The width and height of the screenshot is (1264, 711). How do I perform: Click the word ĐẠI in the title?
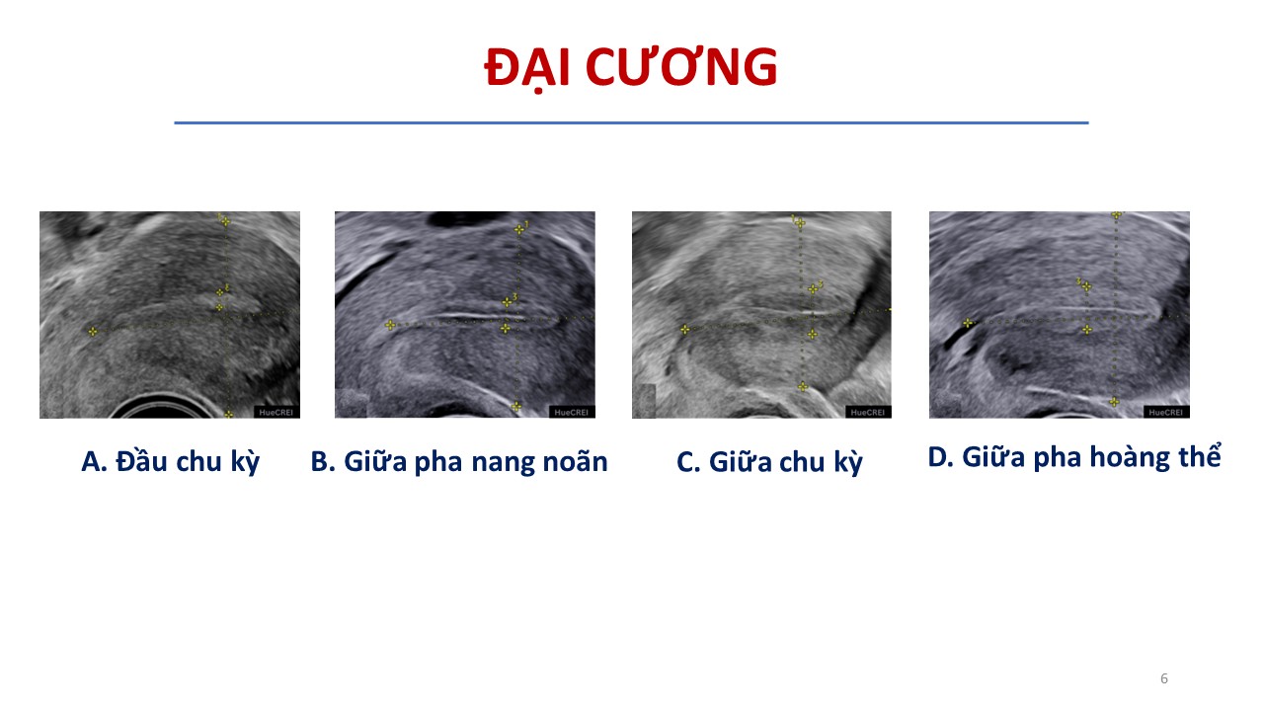coord(527,68)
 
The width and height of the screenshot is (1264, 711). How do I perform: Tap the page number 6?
coord(1164,678)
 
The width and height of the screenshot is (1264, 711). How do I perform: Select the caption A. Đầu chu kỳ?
coord(171,462)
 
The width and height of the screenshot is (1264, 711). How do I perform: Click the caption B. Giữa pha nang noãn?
coord(459,461)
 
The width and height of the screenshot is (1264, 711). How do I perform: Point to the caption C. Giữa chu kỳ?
coord(769,462)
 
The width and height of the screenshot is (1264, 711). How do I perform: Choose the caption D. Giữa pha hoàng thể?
coord(1074,456)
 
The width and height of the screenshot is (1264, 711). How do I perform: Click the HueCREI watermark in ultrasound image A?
coord(276,413)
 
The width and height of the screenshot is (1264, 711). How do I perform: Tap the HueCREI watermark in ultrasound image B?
coord(571,413)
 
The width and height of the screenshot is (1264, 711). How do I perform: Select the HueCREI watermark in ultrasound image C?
coord(868,413)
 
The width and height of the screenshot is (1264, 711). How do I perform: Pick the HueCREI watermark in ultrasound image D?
coord(1166,413)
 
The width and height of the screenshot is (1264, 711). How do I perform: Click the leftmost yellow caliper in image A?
coord(93,331)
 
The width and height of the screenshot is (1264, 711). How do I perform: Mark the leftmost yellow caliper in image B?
coord(390,325)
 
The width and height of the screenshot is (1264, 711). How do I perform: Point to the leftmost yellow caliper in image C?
coord(684,330)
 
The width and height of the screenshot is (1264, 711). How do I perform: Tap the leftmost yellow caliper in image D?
coord(968,323)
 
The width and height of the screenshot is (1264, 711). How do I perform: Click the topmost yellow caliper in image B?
coord(519,229)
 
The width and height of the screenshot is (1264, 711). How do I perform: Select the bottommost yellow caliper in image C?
coord(803,386)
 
